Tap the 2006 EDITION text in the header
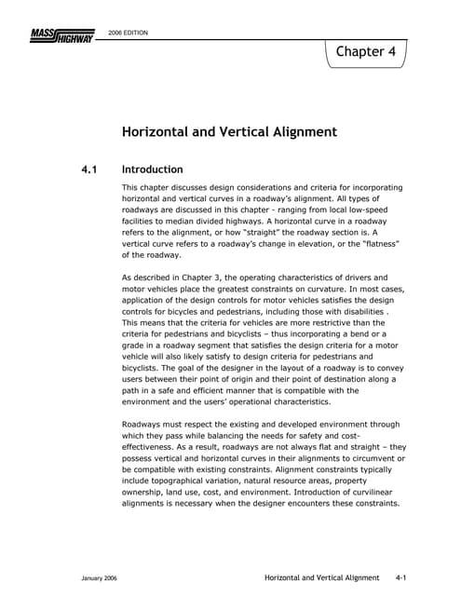pyautogui.click(x=129, y=33)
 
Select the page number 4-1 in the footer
pyautogui.click(x=403, y=578)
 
